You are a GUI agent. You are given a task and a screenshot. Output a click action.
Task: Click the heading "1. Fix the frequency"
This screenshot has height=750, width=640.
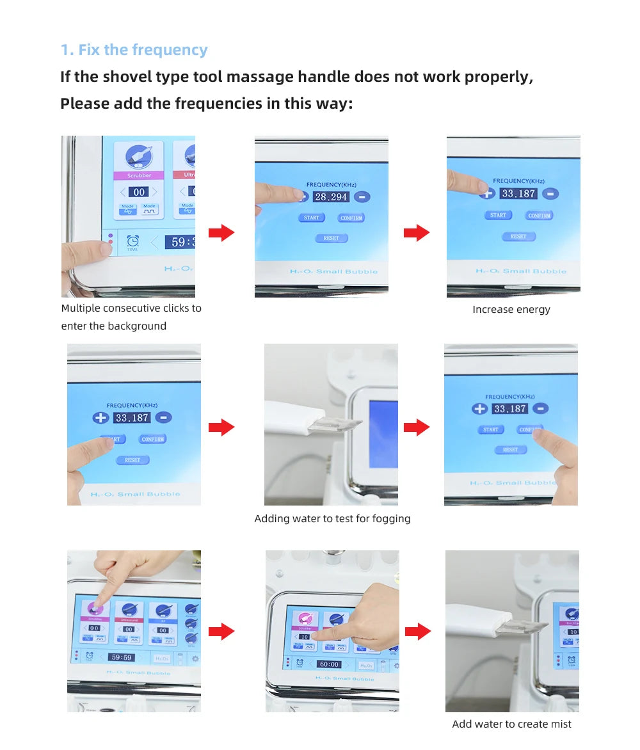pyautogui.click(x=134, y=50)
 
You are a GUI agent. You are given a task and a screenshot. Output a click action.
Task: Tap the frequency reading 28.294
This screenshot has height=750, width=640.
pyautogui.click(x=331, y=197)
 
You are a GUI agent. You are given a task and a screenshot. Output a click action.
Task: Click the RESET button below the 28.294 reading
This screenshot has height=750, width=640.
pyautogui.click(x=331, y=238)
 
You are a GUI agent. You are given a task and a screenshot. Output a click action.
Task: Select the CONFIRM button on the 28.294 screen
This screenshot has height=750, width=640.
pyautogui.click(x=351, y=218)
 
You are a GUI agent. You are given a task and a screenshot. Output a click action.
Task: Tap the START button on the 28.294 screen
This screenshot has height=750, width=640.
pyautogui.click(x=312, y=218)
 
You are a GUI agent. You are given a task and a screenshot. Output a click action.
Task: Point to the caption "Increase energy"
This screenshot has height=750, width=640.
pyautogui.click(x=511, y=310)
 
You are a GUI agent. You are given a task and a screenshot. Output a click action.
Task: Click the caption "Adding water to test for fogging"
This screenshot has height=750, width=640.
pyautogui.click(x=332, y=519)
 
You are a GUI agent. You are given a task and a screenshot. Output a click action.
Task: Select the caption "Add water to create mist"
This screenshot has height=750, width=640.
pyautogui.click(x=511, y=724)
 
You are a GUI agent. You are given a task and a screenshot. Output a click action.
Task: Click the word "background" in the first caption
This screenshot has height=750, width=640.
pyautogui.click(x=136, y=326)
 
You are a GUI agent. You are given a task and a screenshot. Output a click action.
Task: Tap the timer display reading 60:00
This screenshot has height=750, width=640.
pyautogui.click(x=329, y=664)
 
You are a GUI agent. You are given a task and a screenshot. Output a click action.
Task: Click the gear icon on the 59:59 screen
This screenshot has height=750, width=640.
pyautogui.click(x=195, y=658)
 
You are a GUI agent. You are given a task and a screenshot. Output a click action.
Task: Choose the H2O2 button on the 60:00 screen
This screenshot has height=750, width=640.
pyautogui.click(x=366, y=666)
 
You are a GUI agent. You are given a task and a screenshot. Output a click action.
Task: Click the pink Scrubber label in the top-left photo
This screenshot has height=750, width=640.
pyautogui.click(x=139, y=175)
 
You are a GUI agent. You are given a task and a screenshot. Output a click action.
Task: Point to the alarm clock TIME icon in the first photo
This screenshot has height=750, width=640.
pyautogui.click(x=133, y=242)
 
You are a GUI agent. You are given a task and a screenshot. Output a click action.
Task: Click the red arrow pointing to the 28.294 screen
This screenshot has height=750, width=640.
pyautogui.click(x=221, y=233)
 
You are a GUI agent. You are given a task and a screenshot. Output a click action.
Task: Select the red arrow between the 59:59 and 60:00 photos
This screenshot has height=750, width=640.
pyautogui.click(x=221, y=632)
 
